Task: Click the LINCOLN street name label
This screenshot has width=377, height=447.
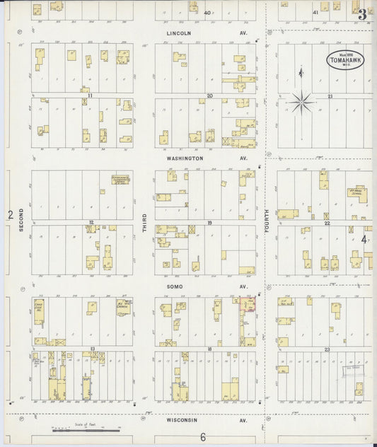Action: click(x=179, y=33)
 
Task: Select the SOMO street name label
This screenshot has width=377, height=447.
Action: click(x=174, y=286)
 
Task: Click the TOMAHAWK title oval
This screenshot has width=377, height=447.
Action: click(x=344, y=60)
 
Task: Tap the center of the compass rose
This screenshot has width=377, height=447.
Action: click(x=301, y=103)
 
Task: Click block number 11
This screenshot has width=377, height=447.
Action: click(x=91, y=94)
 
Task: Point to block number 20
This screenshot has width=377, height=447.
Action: click(x=209, y=95)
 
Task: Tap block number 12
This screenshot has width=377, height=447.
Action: click(x=91, y=222)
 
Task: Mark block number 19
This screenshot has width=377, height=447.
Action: click(x=209, y=222)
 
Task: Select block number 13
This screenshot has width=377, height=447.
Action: click(x=92, y=349)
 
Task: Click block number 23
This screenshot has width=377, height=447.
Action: click(x=327, y=349)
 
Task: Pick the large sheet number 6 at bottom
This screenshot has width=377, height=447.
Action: click(x=202, y=436)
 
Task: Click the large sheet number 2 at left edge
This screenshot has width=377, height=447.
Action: click(x=10, y=214)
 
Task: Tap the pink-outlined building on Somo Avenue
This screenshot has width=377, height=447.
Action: click(x=248, y=305)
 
